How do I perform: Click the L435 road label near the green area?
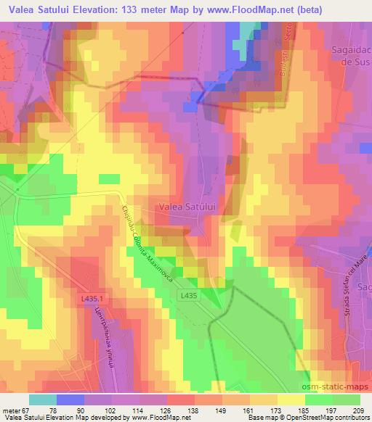(188, 295)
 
